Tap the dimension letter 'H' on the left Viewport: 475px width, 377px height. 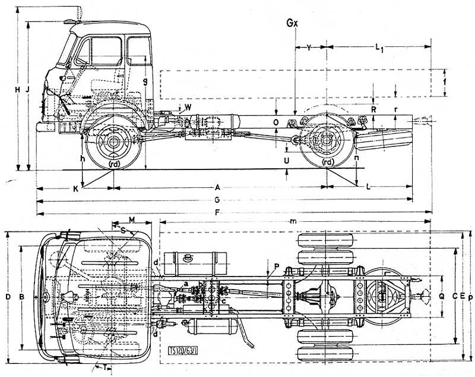pos(17,89)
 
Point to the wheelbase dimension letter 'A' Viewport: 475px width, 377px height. pos(218,186)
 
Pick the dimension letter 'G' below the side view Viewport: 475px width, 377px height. pos(218,199)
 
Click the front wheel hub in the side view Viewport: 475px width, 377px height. pos(113,142)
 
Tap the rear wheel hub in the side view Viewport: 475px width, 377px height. pos(326,142)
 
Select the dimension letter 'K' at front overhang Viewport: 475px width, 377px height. pos(75,189)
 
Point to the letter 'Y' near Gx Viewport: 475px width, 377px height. pos(309,46)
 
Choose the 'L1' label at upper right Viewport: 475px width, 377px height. pos(379,46)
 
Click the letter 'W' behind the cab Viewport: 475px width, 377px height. pos(188,107)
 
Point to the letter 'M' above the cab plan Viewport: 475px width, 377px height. pos(132,220)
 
